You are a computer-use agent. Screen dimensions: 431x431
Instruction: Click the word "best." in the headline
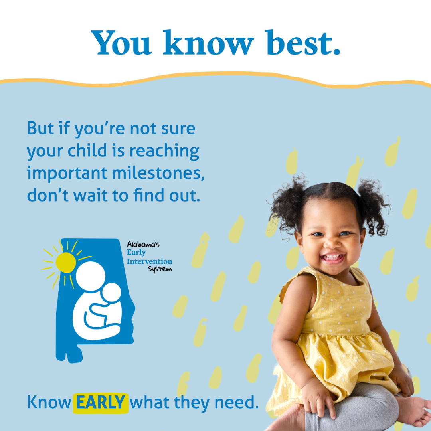coord(303,42)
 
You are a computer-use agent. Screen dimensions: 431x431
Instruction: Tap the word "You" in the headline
coord(121,43)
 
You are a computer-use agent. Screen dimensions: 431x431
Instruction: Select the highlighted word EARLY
coord(101,402)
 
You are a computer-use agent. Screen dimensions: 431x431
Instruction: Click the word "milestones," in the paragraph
coord(158,173)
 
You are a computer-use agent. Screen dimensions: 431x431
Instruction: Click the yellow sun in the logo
coord(66,263)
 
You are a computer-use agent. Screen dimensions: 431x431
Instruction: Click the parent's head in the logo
coord(91,276)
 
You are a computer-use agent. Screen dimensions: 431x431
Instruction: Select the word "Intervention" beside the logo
coord(150,261)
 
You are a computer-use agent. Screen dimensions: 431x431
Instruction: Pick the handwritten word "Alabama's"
coord(143,244)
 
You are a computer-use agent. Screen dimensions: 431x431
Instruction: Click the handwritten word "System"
coord(160,269)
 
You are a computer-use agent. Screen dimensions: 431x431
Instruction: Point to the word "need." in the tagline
coord(237,402)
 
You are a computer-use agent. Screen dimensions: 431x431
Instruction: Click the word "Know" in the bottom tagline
coord(49,402)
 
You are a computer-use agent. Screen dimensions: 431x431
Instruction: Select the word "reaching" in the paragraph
coord(164,152)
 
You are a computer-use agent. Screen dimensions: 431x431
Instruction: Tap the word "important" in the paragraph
coord(67,173)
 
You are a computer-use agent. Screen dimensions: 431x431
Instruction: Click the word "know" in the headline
coord(208,42)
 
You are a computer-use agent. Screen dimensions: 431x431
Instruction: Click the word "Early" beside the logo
coord(136,253)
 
